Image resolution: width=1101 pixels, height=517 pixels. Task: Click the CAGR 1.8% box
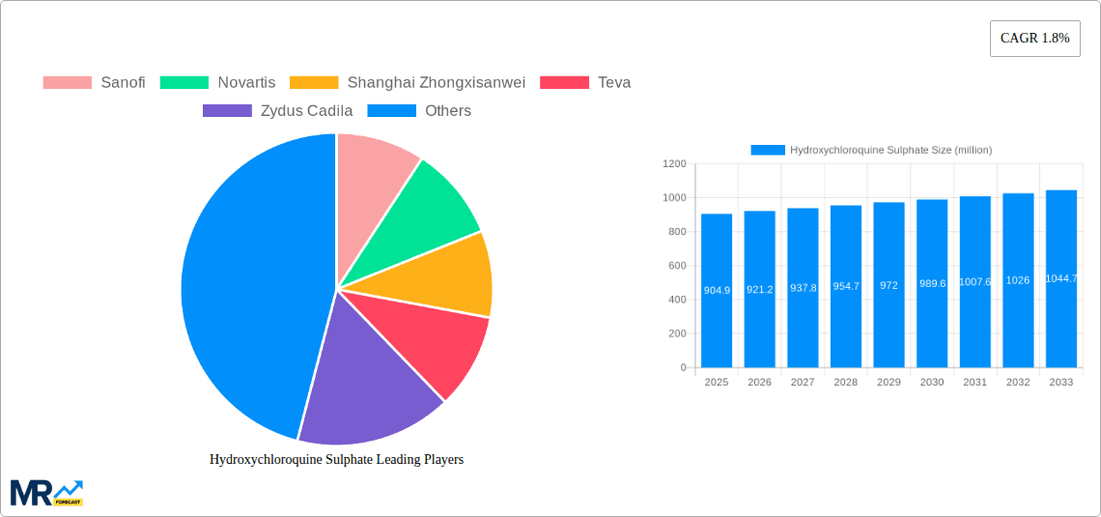(1034, 39)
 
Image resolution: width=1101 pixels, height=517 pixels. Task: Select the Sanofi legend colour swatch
(67, 82)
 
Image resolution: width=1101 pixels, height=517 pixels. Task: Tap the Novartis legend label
(246, 82)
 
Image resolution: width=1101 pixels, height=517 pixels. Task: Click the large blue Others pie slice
(246, 280)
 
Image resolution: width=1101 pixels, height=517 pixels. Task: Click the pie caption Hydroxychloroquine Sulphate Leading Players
(336, 459)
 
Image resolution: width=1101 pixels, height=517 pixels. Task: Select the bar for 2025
(717, 290)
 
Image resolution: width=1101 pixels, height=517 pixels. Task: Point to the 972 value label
(889, 287)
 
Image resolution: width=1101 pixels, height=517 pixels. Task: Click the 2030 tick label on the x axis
(932, 382)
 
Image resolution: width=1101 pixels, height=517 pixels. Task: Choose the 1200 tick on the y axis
(674, 164)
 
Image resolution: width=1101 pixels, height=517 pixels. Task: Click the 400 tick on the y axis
(676, 300)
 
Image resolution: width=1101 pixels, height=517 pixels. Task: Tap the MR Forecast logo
(46, 492)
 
